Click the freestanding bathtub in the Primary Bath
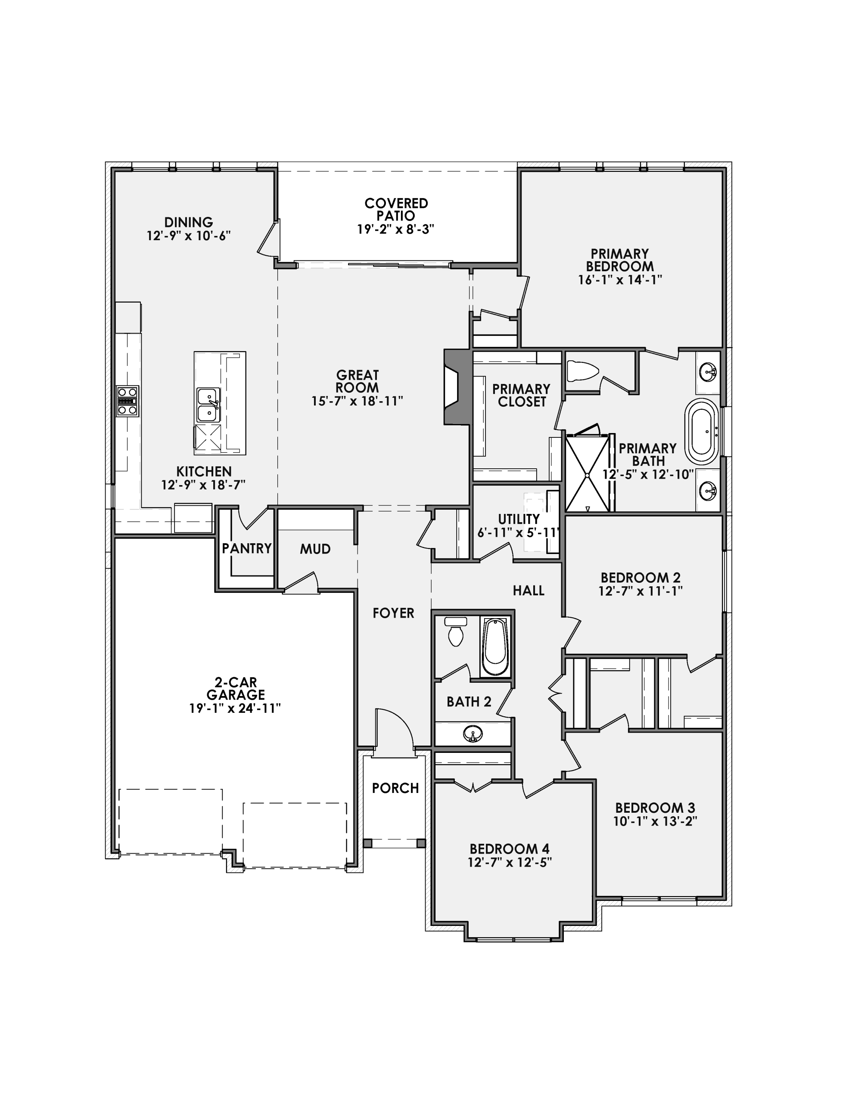tap(702, 431)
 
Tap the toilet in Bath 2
tap(456, 631)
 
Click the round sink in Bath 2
tap(472, 733)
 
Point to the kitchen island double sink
tap(208, 405)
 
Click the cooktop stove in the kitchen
tap(127, 401)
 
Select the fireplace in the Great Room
tap(457, 387)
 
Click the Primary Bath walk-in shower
tap(588, 472)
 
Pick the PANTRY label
tap(247, 548)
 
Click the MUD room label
tap(315, 549)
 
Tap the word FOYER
tap(393, 613)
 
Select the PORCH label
tap(395, 788)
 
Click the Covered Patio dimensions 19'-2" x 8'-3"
tap(396, 229)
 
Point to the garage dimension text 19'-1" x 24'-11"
tap(235, 709)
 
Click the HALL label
tap(529, 590)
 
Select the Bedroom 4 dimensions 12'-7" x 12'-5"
tap(510, 862)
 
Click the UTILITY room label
tap(519, 519)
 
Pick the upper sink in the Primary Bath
tap(708, 373)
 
